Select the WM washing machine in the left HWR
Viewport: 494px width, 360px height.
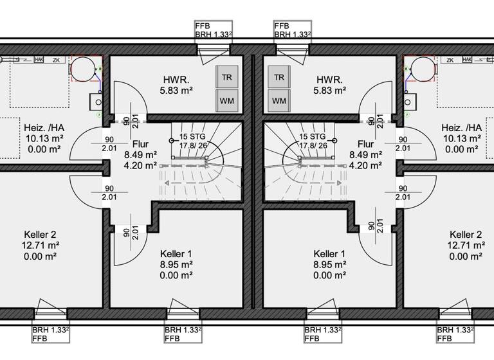point(226,101)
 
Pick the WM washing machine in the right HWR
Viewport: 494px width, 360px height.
point(279,101)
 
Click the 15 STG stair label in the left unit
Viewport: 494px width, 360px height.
point(193,136)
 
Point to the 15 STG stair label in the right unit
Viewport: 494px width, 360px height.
point(312,136)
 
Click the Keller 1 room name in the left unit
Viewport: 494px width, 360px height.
point(176,254)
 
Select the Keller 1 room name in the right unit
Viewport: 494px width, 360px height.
point(329,254)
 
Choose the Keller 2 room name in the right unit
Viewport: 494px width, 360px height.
point(466,235)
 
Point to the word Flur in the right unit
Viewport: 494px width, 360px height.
point(365,145)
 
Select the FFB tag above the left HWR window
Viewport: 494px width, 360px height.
point(203,26)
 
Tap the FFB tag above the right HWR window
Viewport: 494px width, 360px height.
point(281,26)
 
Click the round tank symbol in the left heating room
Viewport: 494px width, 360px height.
point(82,67)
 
